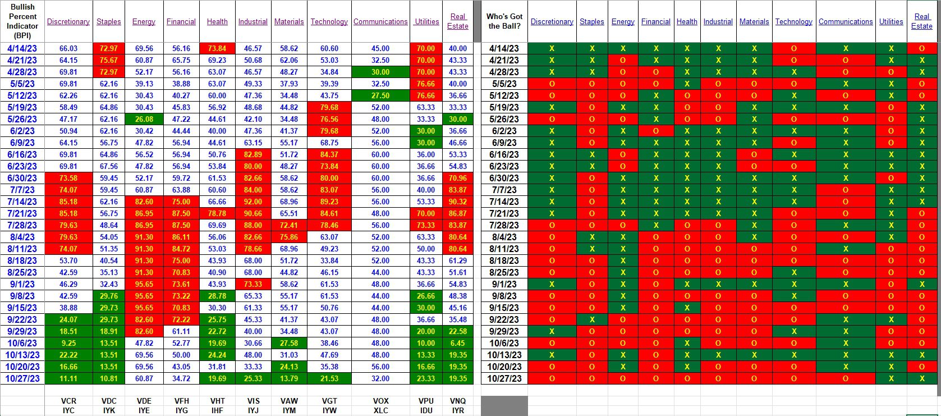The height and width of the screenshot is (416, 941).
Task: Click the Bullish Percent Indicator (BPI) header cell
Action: [22, 21]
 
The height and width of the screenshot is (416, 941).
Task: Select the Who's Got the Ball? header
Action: [504, 21]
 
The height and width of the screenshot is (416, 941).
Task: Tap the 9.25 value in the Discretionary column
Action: [68, 343]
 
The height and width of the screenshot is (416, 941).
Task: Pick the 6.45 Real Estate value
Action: [457, 343]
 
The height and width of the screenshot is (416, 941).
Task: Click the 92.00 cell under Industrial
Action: [253, 202]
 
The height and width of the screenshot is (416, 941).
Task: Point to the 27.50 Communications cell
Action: [380, 95]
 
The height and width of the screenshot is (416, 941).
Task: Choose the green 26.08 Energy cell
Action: [144, 119]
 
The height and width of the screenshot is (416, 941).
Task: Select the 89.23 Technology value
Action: [329, 202]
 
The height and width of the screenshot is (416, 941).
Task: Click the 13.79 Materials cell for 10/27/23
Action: [289, 378]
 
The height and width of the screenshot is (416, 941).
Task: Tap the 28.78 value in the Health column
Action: [217, 296]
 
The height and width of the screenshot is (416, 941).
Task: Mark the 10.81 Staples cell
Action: [109, 378]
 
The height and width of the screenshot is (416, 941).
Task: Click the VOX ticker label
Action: [380, 401]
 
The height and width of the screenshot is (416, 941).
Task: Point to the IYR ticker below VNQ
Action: [458, 410]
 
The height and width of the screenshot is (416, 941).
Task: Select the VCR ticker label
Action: [68, 401]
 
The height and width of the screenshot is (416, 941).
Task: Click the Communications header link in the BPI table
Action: [380, 21]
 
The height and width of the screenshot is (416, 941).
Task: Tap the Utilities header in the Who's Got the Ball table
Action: [891, 21]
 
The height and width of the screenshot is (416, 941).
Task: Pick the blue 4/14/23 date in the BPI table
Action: [22, 48]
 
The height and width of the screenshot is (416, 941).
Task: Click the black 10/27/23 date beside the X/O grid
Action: [504, 378]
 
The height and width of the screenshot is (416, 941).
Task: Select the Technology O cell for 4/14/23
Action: [793, 48]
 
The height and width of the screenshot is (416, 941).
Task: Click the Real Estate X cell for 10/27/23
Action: [922, 378]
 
